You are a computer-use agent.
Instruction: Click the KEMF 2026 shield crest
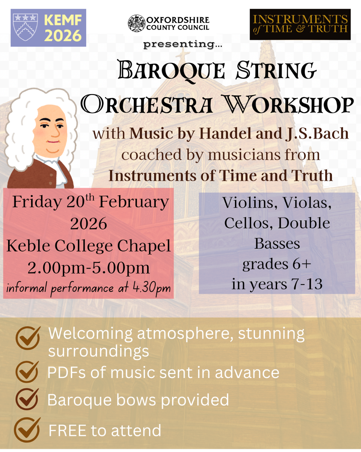pyautogui.click(x=25, y=27)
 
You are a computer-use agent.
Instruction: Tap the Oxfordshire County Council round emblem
pyautogui.click(x=137, y=23)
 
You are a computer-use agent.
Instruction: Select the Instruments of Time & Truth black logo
pyautogui.click(x=300, y=24)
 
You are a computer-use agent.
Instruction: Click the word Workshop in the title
pyautogui.click(x=288, y=105)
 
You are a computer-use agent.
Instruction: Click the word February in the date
pyautogui.click(x=134, y=202)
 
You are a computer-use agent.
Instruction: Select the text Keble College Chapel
pyautogui.click(x=89, y=246)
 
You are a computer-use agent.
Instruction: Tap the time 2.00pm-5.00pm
pyautogui.click(x=89, y=268)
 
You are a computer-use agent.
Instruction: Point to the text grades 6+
pyautogui.click(x=277, y=264)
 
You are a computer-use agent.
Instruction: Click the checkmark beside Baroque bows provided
pyautogui.click(x=27, y=399)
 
